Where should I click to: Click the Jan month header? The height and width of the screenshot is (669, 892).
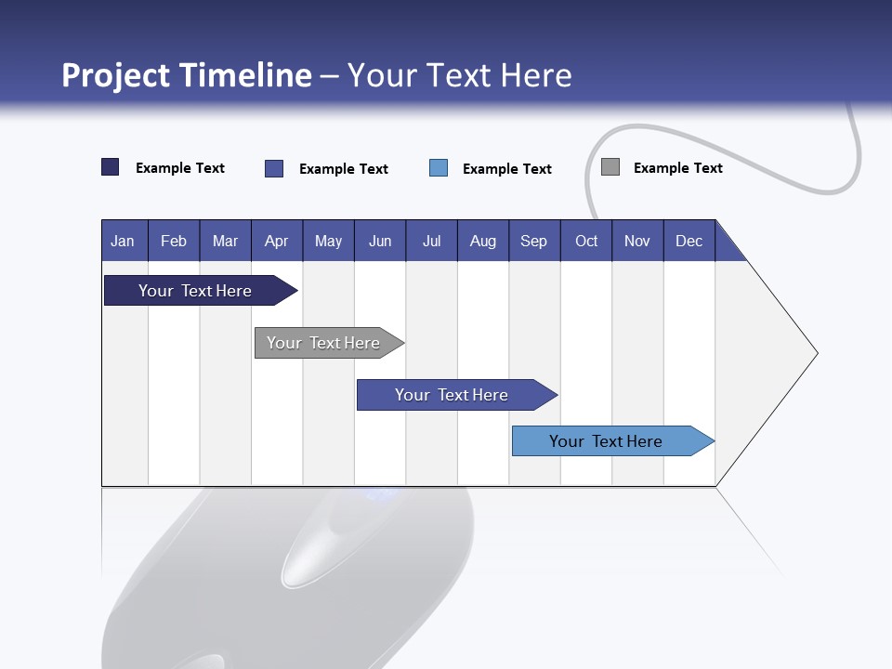coord(123,241)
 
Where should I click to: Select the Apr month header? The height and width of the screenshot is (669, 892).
coord(276,241)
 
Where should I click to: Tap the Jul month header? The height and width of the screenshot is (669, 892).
coord(431,241)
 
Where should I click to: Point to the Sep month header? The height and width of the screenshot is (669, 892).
coord(533,241)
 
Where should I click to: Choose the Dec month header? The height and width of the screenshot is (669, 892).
coord(689,241)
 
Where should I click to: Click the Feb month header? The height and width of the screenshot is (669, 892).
coord(174,241)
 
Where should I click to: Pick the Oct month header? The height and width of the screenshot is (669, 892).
coord(586,241)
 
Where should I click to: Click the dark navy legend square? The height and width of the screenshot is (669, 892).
coord(110,167)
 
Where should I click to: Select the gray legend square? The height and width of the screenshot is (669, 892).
coord(610,167)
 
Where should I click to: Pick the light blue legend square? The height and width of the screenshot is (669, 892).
coord(439,168)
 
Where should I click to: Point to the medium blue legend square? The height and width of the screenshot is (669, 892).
coord(274,168)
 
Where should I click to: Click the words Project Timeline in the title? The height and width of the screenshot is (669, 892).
coord(186,75)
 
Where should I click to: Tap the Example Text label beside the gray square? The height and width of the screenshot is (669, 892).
coord(677,168)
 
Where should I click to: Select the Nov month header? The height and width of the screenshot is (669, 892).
coord(636,241)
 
